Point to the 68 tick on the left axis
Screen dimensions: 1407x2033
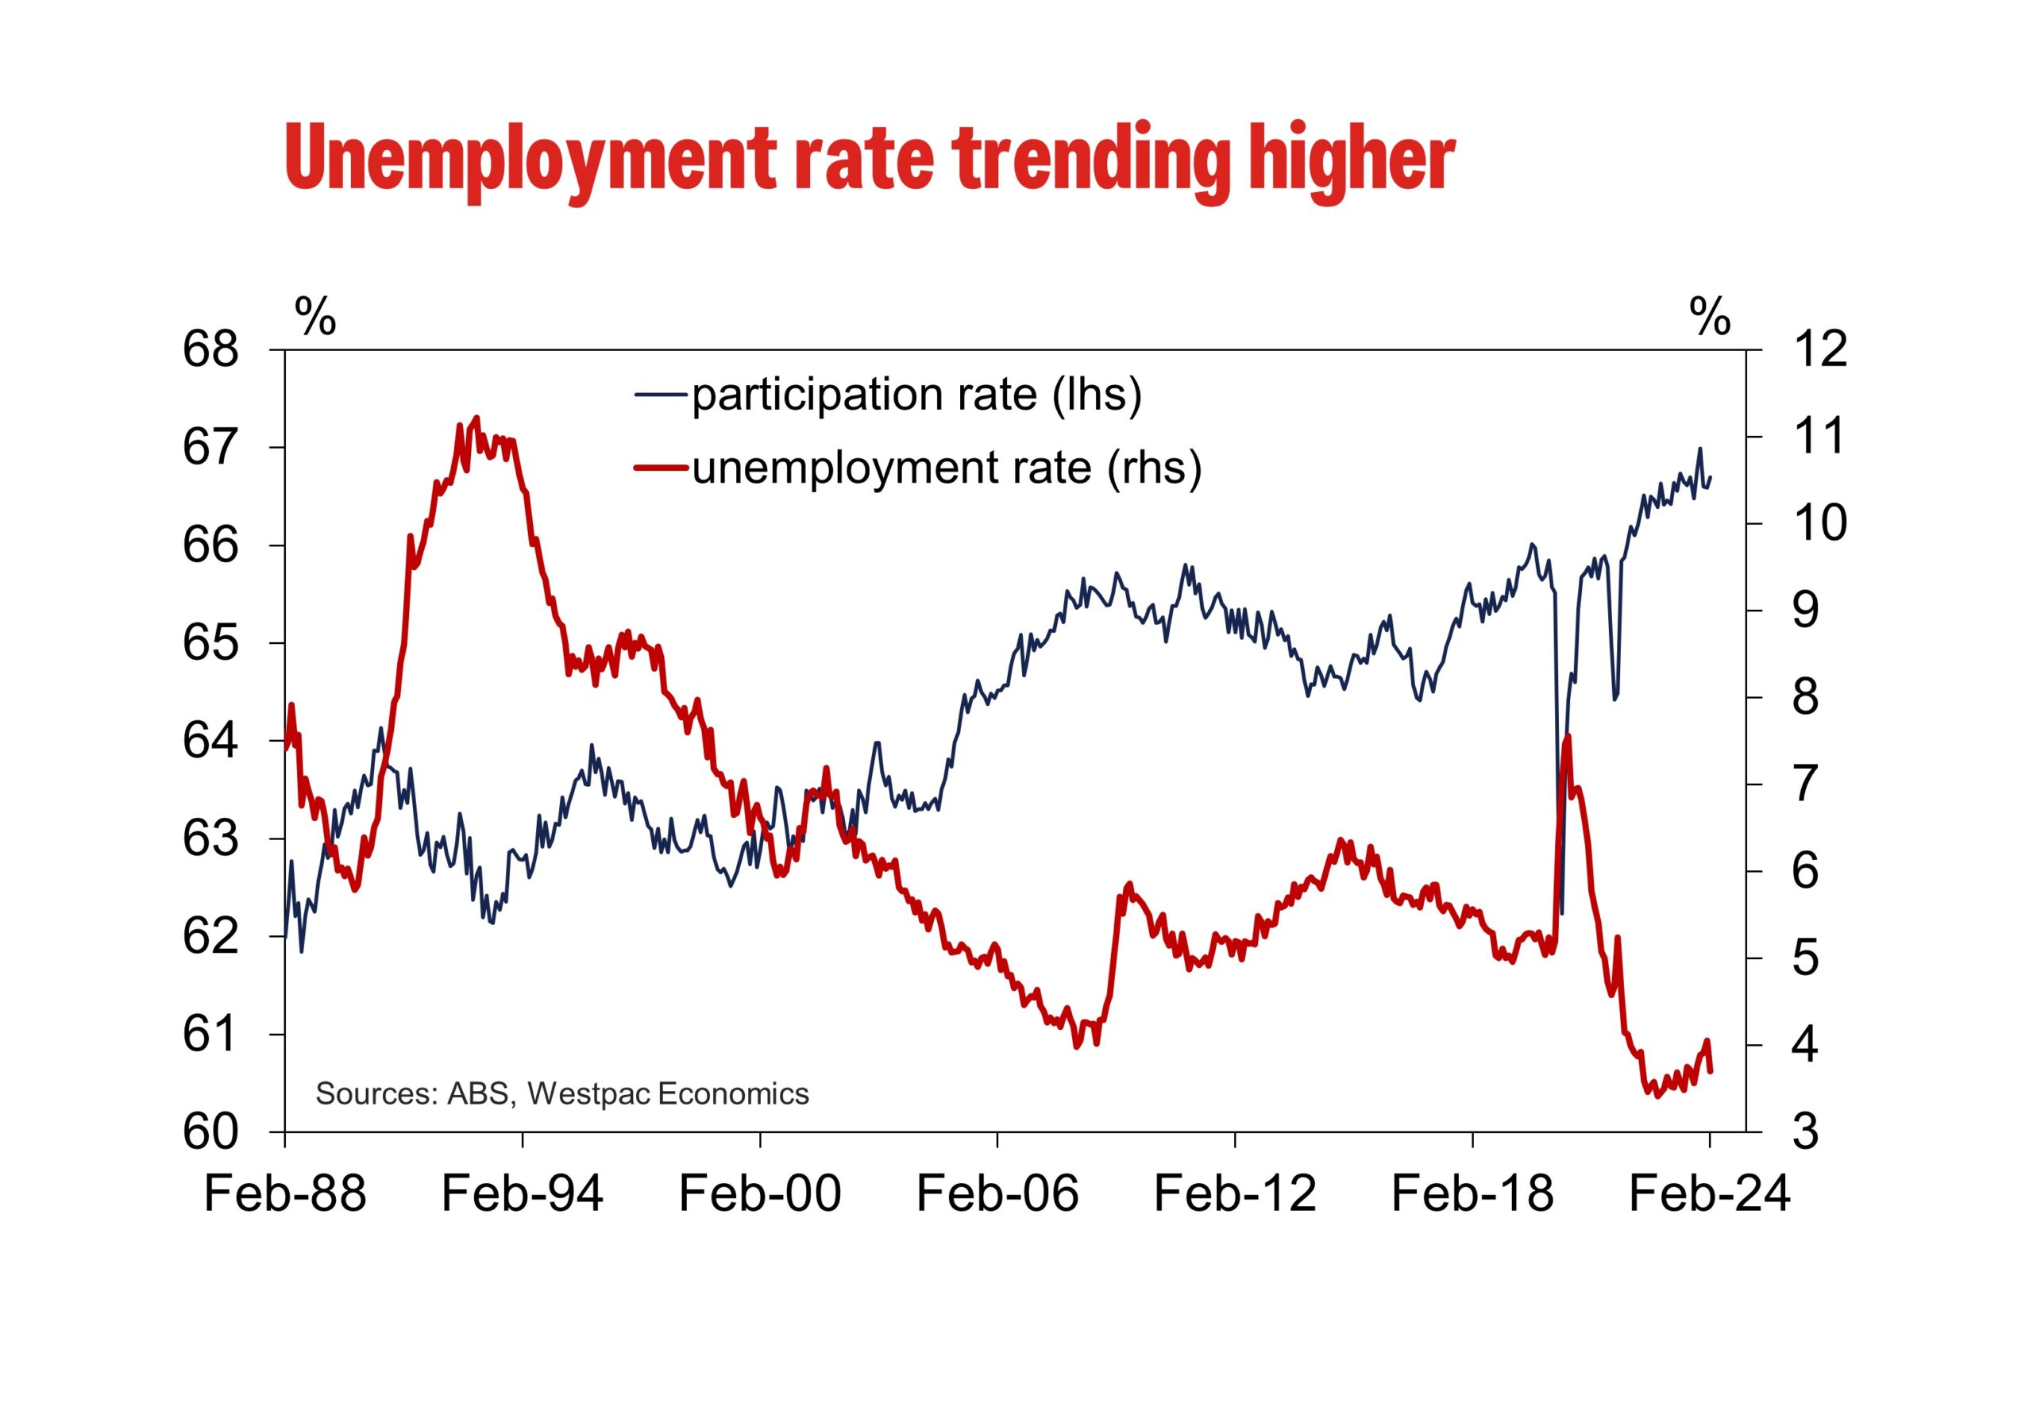click(210, 350)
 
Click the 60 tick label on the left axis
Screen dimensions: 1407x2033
click(210, 1132)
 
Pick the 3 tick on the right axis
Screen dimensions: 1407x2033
click(1806, 1132)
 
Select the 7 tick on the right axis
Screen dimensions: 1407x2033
click(1806, 784)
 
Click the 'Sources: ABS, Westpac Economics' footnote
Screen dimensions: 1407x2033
click(561, 1093)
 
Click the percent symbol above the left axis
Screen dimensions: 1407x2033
click(314, 315)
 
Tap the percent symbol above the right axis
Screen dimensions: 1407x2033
click(1710, 315)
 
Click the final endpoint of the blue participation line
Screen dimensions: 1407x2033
click(1711, 478)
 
